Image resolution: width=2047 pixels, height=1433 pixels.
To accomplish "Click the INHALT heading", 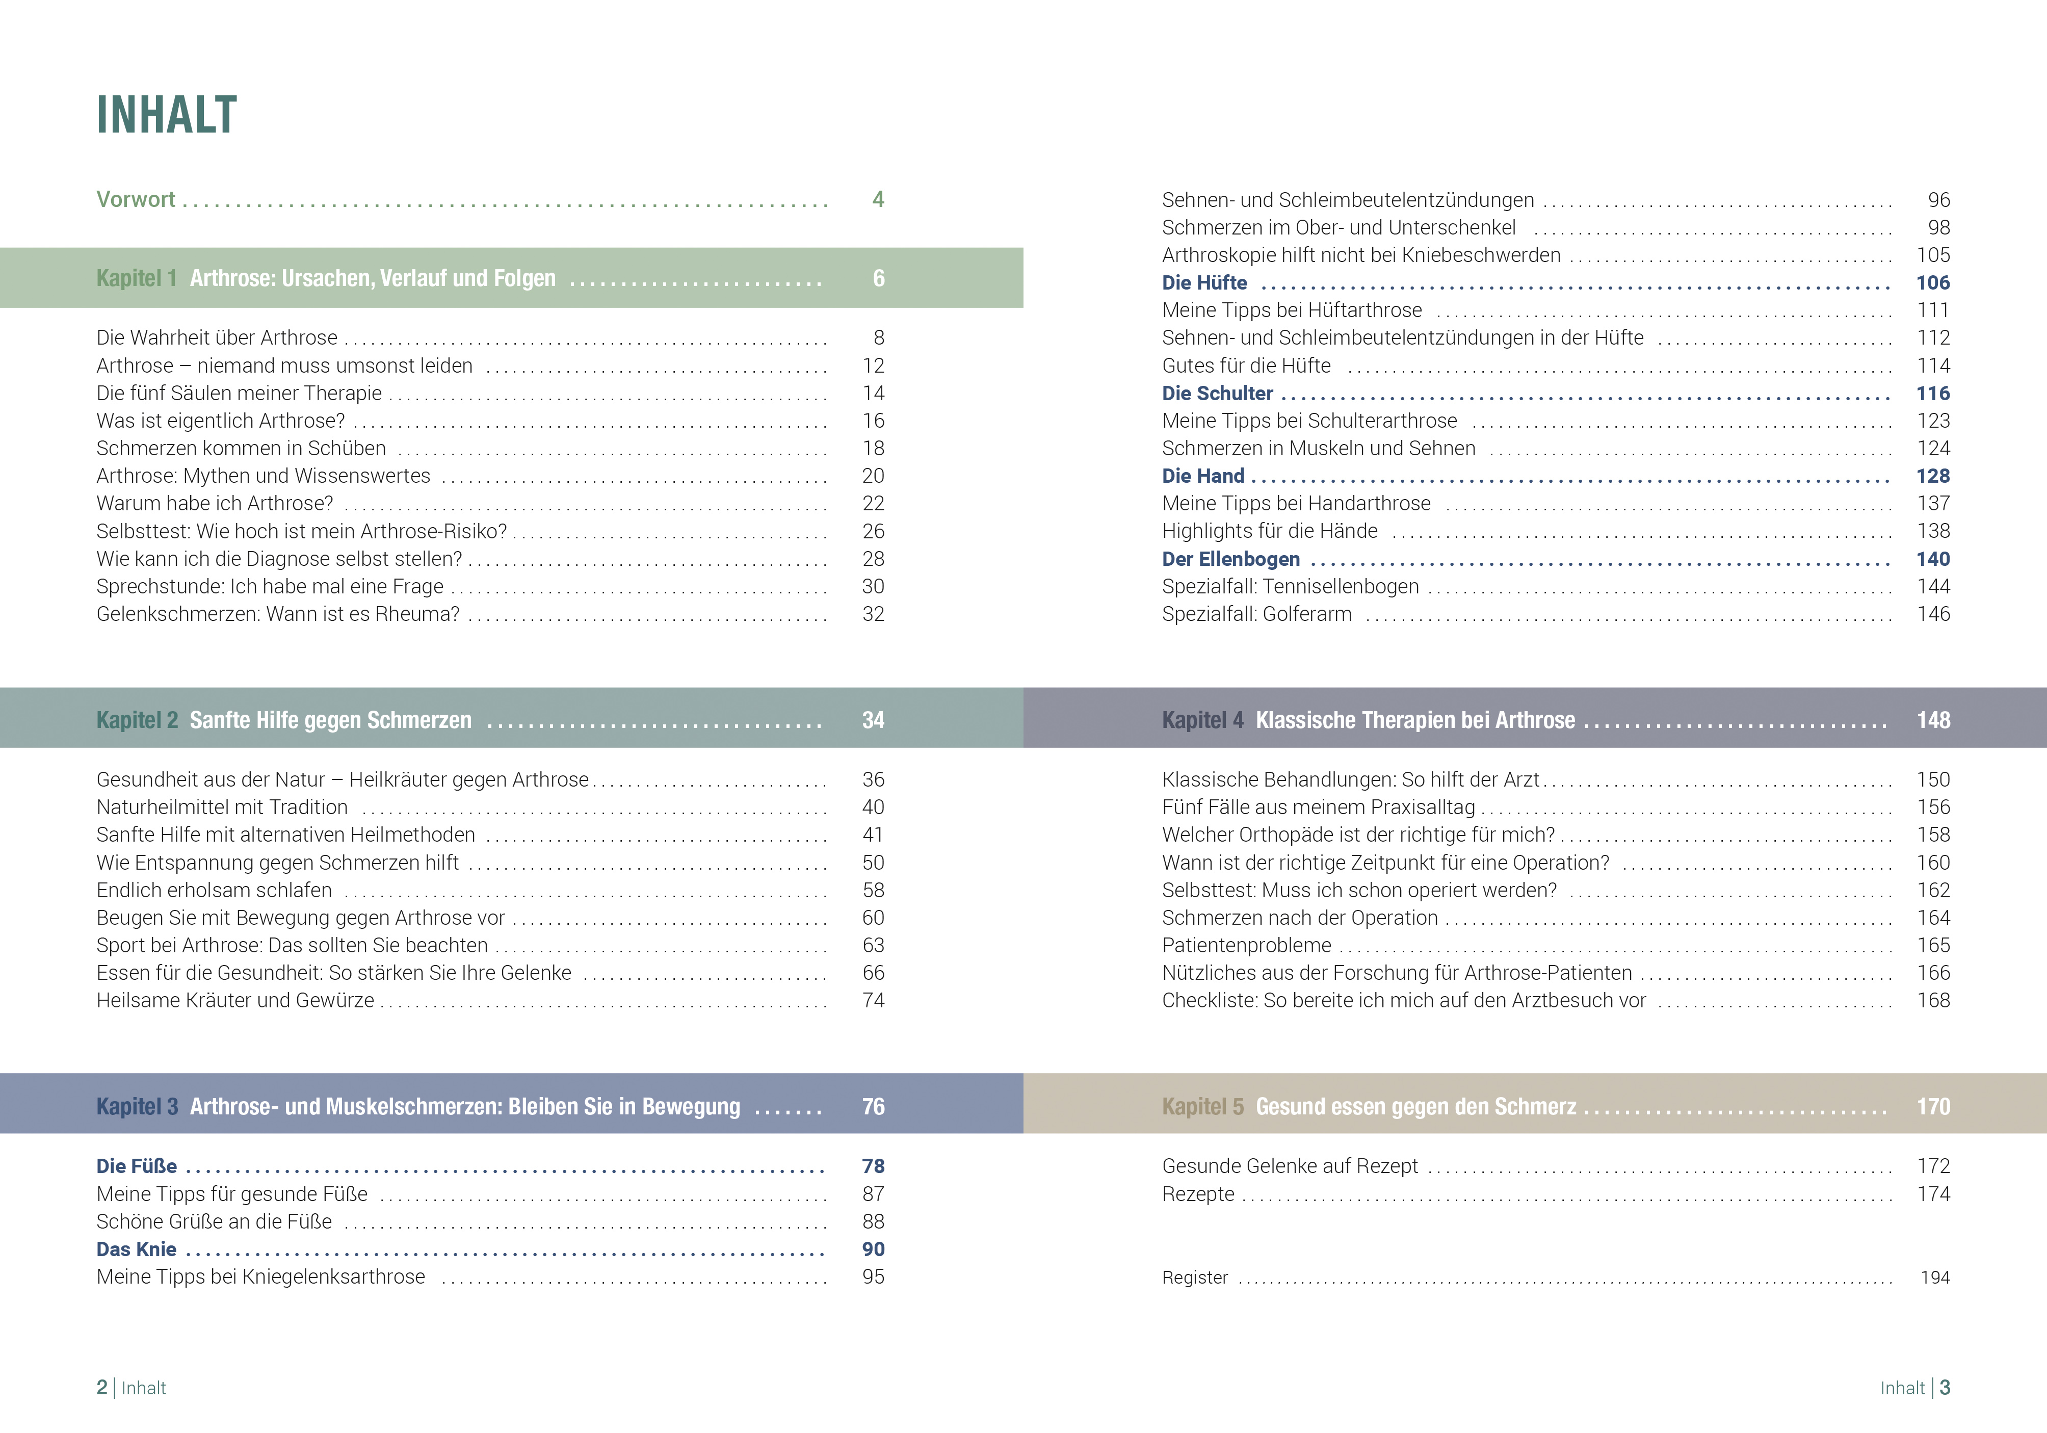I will pyautogui.click(x=167, y=115).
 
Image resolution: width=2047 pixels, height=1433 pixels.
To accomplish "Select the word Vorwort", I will pyautogui.click(x=136, y=199).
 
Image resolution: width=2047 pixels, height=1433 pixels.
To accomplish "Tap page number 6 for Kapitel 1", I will pyautogui.click(x=878, y=278).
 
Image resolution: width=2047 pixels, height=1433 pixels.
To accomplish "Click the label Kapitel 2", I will pyautogui.click(x=137, y=720).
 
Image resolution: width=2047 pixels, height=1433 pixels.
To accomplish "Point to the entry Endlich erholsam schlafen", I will pyautogui.click(x=214, y=890).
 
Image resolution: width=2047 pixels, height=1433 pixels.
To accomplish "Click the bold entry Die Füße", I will pyautogui.click(x=137, y=1166).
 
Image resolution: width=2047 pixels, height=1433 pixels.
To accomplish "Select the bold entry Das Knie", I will pyautogui.click(x=137, y=1249).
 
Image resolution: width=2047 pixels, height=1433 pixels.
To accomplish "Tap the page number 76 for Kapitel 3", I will pyautogui.click(x=873, y=1107).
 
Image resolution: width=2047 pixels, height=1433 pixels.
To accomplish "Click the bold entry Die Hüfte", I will pyautogui.click(x=1204, y=283).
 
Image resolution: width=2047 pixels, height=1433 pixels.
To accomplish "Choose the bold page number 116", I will pyautogui.click(x=1933, y=393).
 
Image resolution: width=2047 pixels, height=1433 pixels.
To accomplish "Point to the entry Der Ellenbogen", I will pyautogui.click(x=1230, y=559).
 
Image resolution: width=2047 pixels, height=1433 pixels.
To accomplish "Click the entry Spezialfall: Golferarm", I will pyautogui.click(x=1256, y=614).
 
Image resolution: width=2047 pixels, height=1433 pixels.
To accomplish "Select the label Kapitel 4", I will pyautogui.click(x=1202, y=720).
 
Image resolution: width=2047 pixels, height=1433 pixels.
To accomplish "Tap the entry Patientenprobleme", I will pyautogui.click(x=1246, y=945).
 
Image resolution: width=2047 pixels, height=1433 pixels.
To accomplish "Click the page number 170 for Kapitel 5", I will pyautogui.click(x=1933, y=1107).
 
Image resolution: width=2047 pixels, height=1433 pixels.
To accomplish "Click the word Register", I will pyautogui.click(x=1195, y=1278).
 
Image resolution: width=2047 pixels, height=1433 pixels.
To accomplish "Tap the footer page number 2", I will pyautogui.click(x=101, y=1388).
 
